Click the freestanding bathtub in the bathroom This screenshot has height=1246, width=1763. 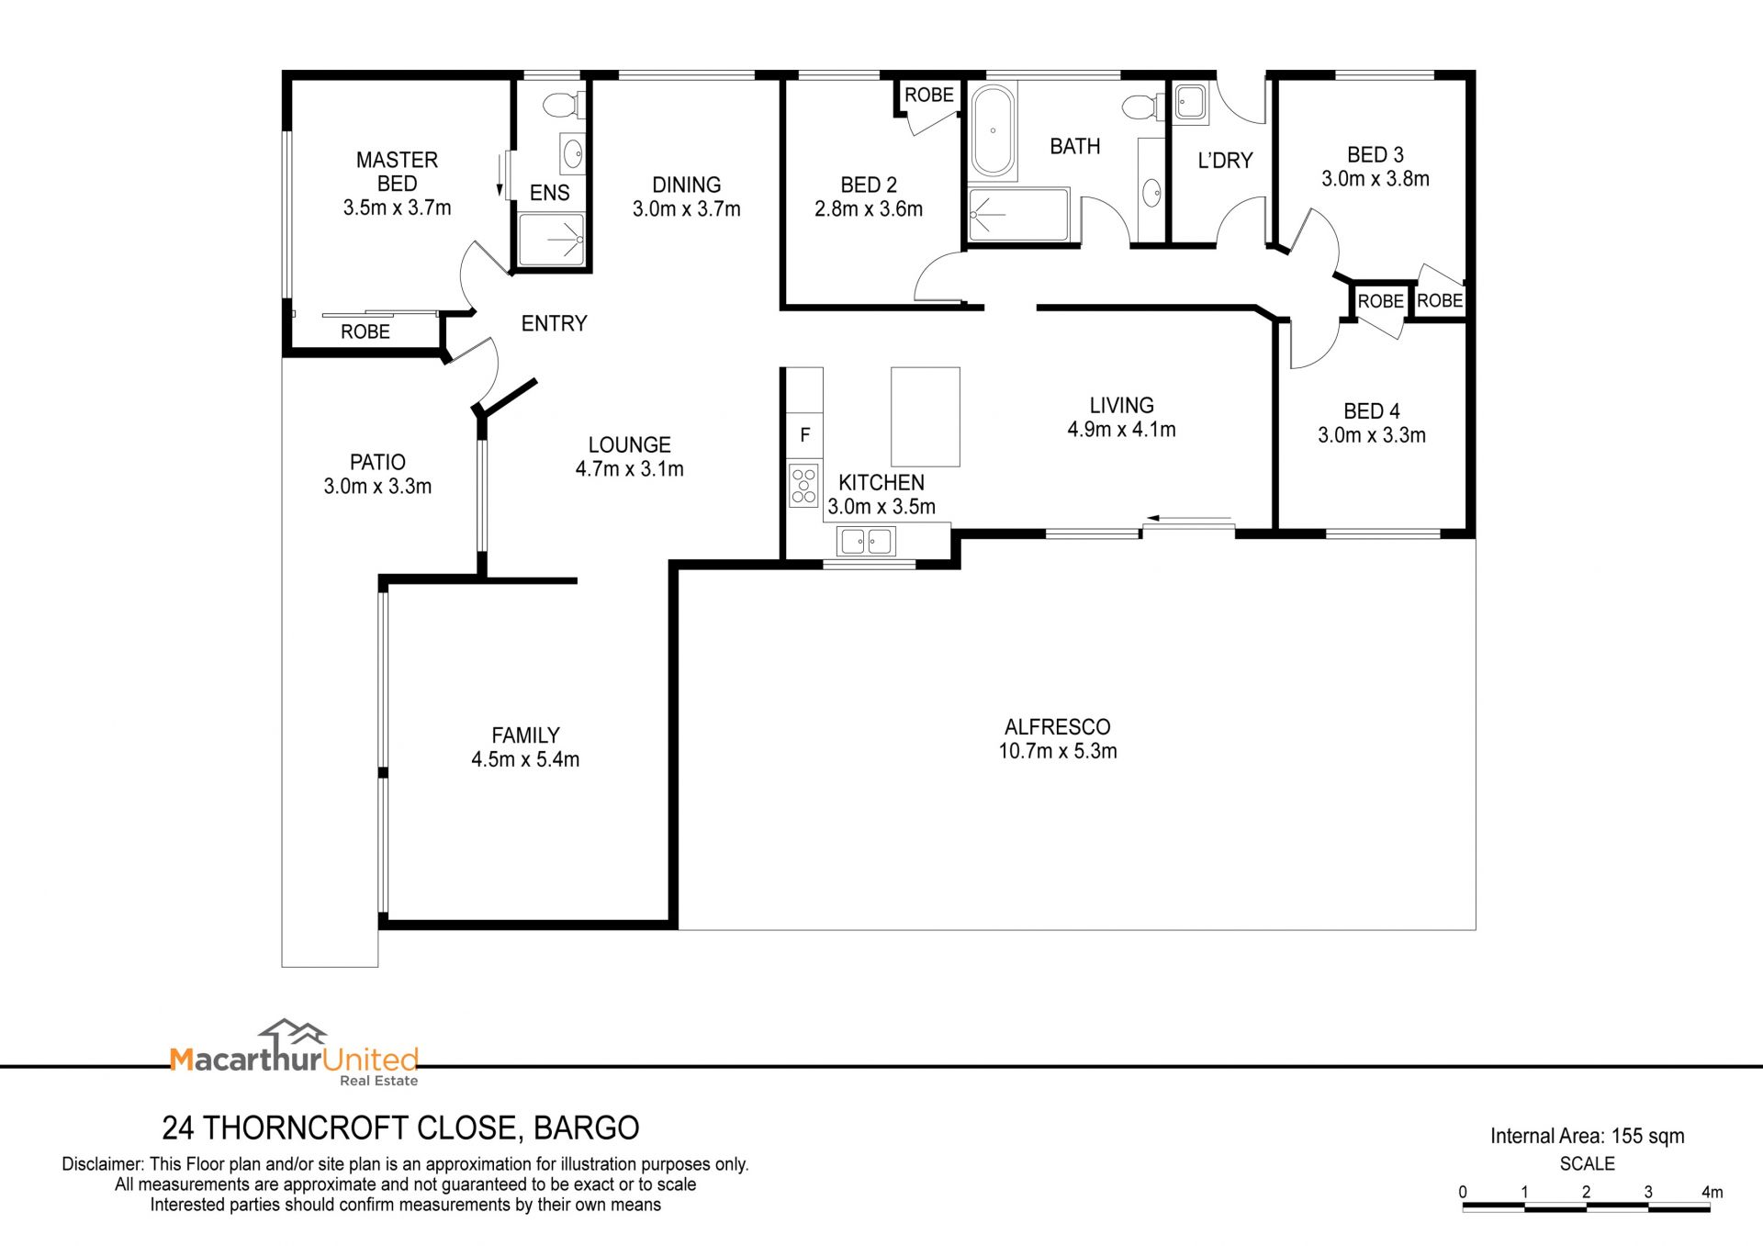click(993, 131)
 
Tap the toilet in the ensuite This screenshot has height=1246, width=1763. click(563, 105)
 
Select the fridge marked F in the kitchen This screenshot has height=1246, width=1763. click(804, 435)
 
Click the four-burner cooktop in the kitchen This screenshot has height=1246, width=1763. click(804, 486)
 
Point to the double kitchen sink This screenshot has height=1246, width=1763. click(866, 541)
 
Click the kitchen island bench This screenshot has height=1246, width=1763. click(926, 417)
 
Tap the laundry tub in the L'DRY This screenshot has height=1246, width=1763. click(1190, 102)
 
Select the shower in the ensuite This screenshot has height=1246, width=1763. click(551, 240)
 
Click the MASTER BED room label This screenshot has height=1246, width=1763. click(398, 172)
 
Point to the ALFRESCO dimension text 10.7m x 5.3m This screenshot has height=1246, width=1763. click(1058, 751)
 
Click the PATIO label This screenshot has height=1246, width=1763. click(377, 462)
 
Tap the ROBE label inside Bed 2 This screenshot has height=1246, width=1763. click(929, 95)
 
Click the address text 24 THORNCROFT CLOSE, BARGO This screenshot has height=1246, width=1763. click(400, 1128)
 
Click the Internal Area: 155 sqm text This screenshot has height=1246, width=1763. click(1587, 1136)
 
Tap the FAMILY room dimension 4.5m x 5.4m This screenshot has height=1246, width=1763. click(525, 759)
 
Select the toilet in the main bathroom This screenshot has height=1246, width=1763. click(1144, 107)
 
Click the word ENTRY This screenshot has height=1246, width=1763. click(554, 323)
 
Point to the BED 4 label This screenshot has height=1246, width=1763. click(1372, 411)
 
